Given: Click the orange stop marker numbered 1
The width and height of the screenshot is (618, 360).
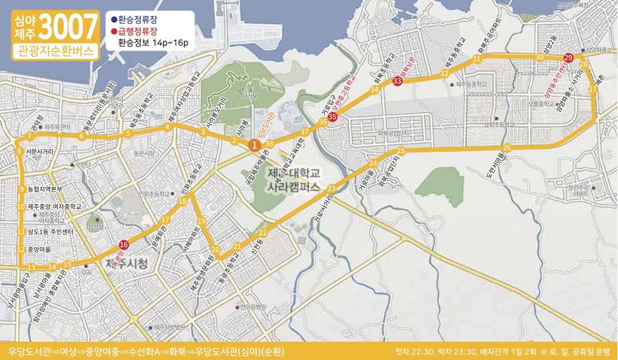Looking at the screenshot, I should coord(254,145).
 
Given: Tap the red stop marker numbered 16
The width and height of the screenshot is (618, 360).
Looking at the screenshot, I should coord(124,245).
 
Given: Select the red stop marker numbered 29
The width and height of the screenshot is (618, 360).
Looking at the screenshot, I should coord(568,58).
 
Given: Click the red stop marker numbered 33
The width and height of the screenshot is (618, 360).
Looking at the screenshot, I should coord(397,81).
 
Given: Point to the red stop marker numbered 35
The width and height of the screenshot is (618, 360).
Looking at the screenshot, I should coord(333,117).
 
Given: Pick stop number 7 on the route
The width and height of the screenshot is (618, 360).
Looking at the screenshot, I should coord(28,138).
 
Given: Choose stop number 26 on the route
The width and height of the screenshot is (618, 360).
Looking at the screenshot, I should coord(507,147).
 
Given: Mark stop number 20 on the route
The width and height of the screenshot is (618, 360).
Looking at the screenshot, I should coord(215,249).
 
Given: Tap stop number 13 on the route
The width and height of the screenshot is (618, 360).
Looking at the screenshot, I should coord(32,267).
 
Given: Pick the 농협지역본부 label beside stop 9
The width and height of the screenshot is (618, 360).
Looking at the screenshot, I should coord(44,189).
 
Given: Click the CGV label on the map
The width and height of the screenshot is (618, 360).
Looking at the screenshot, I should coord(87,273).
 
